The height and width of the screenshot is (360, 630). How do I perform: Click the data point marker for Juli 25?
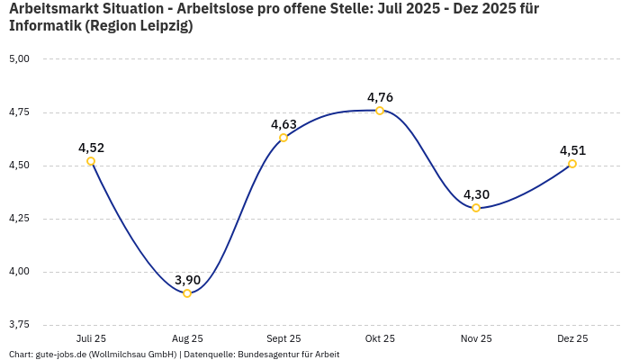pyautogui.click(x=91, y=161)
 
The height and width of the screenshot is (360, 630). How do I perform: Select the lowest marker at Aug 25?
pyautogui.click(x=187, y=293)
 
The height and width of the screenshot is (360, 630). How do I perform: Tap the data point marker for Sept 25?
pyautogui.click(x=283, y=138)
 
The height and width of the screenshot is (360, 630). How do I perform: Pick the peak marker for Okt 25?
pyautogui.click(x=380, y=111)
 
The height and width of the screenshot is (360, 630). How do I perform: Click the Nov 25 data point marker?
pyautogui.click(x=476, y=208)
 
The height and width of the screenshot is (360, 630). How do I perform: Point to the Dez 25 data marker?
pyautogui.click(x=572, y=164)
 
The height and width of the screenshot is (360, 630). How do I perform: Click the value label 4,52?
pyautogui.click(x=91, y=148)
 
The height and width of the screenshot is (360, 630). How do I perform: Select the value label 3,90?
pyautogui.click(x=187, y=280)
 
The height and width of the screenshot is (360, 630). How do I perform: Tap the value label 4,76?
pyautogui.click(x=380, y=97)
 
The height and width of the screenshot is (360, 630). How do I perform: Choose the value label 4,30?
pyautogui.click(x=476, y=194)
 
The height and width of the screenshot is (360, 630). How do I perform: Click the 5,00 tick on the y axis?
pyautogui.click(x=19, y=59)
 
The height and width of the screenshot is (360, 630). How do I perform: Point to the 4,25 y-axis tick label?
pyautogui.click(x=19, y=219)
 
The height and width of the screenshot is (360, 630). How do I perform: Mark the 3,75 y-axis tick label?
pyautogui.click(x=19, y=325)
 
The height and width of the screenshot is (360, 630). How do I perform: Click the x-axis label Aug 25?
pyautogui.click(x=187, y=338)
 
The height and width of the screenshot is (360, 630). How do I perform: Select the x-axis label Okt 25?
pyautogui.click(x=380, y=338)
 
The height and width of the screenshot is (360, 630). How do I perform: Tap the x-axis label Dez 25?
pyautogui.click(x=572, y=338)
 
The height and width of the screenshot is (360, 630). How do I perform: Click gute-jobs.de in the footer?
pyautogui.click(x=60, y=355)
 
